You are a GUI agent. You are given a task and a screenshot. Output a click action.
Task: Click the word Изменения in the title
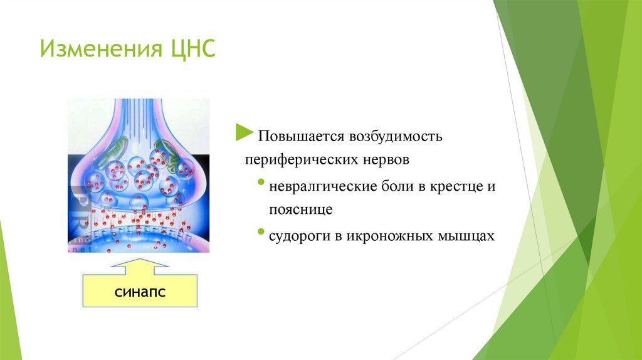point(101,49)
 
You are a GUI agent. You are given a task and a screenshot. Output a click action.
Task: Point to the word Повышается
point(300,136)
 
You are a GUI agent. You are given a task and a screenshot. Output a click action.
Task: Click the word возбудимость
point(396,135)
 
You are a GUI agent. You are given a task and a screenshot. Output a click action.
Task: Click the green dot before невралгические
point(261,181)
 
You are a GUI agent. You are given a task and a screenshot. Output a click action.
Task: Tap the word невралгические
point(323,187)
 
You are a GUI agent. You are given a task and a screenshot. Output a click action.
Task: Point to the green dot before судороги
point(261,231)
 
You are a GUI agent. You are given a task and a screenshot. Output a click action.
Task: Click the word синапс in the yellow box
point(140,292)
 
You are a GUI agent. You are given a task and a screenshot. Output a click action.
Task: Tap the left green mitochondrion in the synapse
point(110,152)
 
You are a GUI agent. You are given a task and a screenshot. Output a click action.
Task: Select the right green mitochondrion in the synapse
point(167,155)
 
